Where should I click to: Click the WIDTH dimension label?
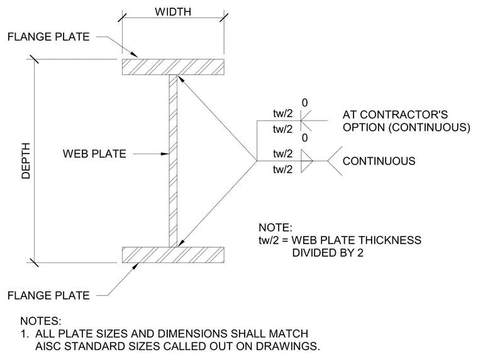(x=173, y=11)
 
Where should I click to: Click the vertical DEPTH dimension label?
(x=26, y=160)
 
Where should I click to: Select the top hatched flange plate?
(x=173, y=67)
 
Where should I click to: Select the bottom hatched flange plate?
(x=173, y=255)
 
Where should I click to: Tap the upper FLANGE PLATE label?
(x=48, y=37)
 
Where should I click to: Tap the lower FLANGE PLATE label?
(x=48, y=295)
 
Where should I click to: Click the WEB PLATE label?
(x=94, y=154)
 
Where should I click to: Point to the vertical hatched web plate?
(x=173, y=160)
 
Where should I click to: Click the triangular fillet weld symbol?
(x=307, y=160)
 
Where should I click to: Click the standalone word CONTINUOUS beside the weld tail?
(x=379, y=160)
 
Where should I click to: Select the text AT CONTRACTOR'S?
(x=395, y=115)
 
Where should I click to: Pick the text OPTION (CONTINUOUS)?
(x=406, y=127)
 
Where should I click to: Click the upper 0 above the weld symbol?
(x=304, y=103)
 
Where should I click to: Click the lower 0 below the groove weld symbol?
(x=304, y=138)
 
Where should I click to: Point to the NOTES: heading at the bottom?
(x=41, y=321)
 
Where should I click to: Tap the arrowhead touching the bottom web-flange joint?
(x=181, y=242)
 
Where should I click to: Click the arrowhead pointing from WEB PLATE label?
(x=165, y=154)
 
